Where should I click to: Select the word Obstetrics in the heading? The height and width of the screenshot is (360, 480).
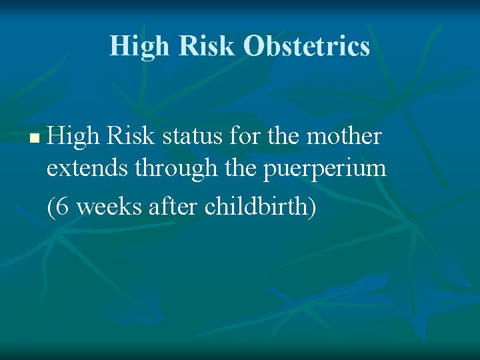pyautogui.click(x=306, y=46)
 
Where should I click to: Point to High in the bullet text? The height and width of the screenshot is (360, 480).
pyautogui.click(x=73, y=137)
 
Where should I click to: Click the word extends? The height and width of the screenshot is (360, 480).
pyautogui.click(x=87, y=169)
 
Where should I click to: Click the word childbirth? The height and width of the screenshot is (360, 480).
pyautogui.click(x=257, y=207)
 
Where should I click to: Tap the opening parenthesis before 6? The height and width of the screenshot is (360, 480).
pyautogui.click(x=51, y=207)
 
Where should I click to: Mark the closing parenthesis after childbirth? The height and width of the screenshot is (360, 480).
pyautogui.click(x=312, y=207)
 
